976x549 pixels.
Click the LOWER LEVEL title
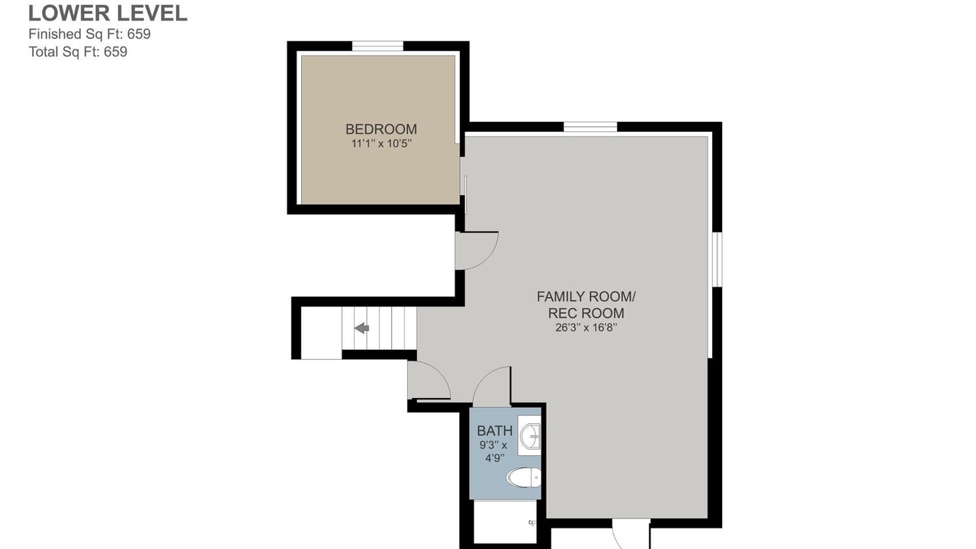pyautogui.click(x=108, y=13)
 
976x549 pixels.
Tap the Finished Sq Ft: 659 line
pyautogui.click(x=89, y=34)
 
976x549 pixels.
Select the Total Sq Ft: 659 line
pyautogui.click(x=78, y=52)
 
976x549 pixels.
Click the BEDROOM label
pyautogui.click(x=381, y=129)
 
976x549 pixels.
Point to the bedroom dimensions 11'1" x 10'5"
pyautogui.click(x=381, y=143)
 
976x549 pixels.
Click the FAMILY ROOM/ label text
pyautogui.click(x=586, y=297)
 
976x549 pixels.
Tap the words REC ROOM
pyautogui.click(x=586, y=313)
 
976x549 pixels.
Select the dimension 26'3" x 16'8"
pyautogui.click(x=586, y=328)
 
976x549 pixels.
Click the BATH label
pyautogui.click(x=495, y=431)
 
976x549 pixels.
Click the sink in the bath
pyautogui.click(x=529, y=435)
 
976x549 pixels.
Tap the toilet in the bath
pyautogui.click(x=524, y=477)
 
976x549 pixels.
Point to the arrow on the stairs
pyautogui.click(x=361, y=328)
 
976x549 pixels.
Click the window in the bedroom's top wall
pyautogui.click(x=377, y=46)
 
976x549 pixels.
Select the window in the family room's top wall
pyautogui.click(x=590, y=127)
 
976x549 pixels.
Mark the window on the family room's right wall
pyautogui.click(x=717, y=260)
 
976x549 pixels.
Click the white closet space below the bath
pyautogui.click(x=505, y=522)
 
